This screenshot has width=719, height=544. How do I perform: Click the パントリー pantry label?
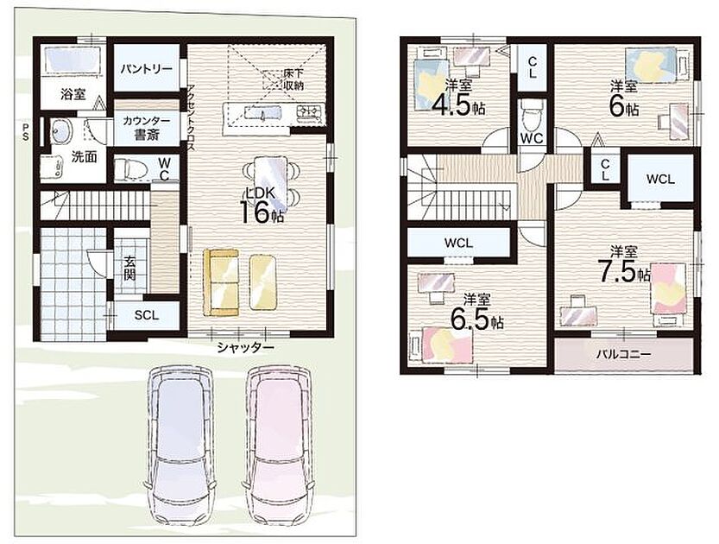tap(146, 69)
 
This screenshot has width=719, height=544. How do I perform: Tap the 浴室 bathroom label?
tap(73, 94)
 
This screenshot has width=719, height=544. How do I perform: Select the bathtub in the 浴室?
tap(73, 59)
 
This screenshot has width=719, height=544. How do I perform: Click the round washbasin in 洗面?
tap(61, 131)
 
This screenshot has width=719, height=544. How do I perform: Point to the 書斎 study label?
tap(147, 136)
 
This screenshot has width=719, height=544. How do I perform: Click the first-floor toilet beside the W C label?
tap(130, 169)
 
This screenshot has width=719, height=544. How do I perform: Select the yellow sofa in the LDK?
tap(221, 282)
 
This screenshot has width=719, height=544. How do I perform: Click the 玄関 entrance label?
tap(129, 269)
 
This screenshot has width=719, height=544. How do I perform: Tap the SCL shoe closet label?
tap(147, 315)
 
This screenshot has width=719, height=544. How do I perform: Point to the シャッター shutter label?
tap(245, 348)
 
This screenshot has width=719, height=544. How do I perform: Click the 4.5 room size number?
tap(451, 106)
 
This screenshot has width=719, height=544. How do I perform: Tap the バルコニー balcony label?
tap(623, 355)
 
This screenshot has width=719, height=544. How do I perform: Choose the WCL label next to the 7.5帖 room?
tap(660, 179)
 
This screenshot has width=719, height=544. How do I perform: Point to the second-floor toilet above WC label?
tap(532, 115)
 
